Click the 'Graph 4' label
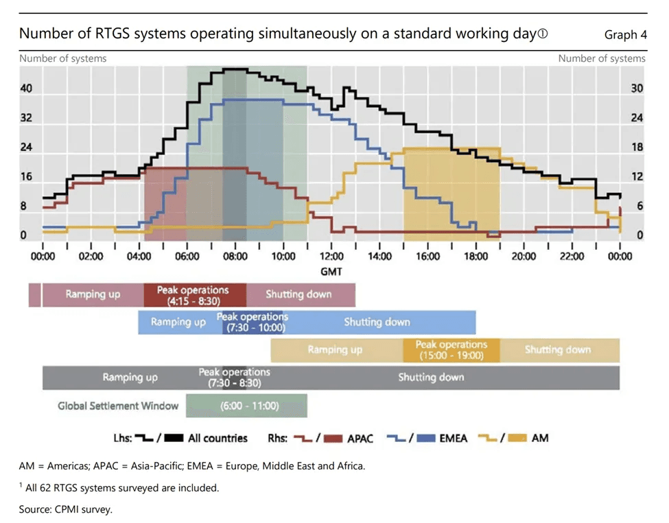click(625, 35)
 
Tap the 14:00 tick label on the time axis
click(379, 256)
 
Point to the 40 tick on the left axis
click(27, 89)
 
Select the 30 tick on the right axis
click(637, 89)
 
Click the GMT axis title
click(331, 271)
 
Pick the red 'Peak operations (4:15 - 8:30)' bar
click(195, 294)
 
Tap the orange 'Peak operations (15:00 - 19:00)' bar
click(451, 350)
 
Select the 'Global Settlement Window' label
click(118, 406)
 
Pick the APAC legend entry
click(361, 438)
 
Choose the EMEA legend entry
click(452, 438)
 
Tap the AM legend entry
click(540, 438)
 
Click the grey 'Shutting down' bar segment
click(431, 377)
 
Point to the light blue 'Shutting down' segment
click(377, 322)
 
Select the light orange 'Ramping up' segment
click(335, 350)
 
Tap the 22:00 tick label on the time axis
click(572, 256)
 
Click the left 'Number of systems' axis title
click(63, 58)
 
